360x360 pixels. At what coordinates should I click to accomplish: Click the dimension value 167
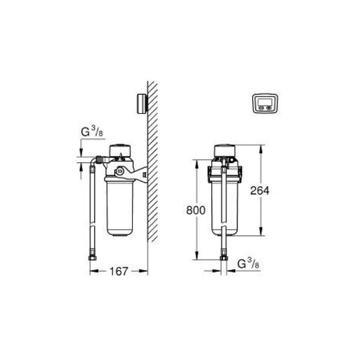point(118,271)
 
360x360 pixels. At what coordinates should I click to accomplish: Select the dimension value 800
point(195,210)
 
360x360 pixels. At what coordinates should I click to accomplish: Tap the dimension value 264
point(259,190)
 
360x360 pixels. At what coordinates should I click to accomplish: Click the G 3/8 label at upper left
point(92,131)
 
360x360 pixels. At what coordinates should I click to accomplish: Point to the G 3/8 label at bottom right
point(248,263)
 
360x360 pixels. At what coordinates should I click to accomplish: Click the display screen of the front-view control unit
point(265,101)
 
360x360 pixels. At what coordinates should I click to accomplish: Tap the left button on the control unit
point(261,107)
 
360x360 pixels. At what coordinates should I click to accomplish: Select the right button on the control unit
point(269,107)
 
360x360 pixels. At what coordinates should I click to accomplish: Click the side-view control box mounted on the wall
point(142,103)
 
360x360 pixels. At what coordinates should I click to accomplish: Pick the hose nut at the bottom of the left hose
point(92,257)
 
